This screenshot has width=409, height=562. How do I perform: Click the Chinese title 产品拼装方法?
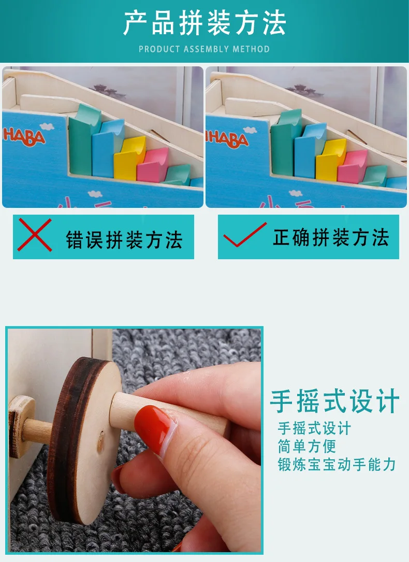(x=204, y=23)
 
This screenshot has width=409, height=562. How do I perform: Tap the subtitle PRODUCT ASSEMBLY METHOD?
(x=204, y=49)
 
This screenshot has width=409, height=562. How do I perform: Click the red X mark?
(x=35, y=235)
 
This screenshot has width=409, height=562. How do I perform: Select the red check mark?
(x=245, y=235)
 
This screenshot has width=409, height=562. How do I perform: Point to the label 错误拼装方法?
(x=124, y=240)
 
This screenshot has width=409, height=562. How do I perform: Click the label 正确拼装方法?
(x=331, y=237)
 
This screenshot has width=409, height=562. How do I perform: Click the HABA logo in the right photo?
(x=228, y=139)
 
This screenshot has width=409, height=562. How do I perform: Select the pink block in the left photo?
(x=152, y=165)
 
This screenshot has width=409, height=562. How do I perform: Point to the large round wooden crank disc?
(x=84, y=441)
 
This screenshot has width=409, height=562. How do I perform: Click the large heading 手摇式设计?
(x=334, y=401)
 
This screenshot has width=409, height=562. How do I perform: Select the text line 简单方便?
(x=307, y=446)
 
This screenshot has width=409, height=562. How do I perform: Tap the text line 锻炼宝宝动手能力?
(x=337, y=465)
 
